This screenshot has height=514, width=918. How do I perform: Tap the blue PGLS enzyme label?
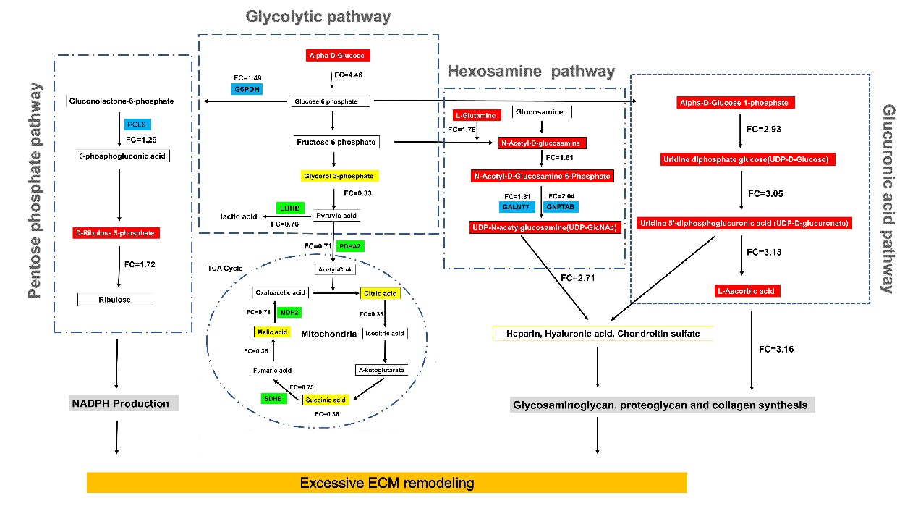coord(137,125)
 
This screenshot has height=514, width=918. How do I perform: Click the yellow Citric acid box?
coord(380,293)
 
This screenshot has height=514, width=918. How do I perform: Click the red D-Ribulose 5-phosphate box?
coord(116,233)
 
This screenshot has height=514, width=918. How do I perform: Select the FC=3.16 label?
coord(775,349)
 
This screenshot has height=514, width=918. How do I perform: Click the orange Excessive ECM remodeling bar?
coord(386,482)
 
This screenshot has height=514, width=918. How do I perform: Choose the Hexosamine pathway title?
coord(531,71)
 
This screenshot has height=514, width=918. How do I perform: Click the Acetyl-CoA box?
coord(334,269)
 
